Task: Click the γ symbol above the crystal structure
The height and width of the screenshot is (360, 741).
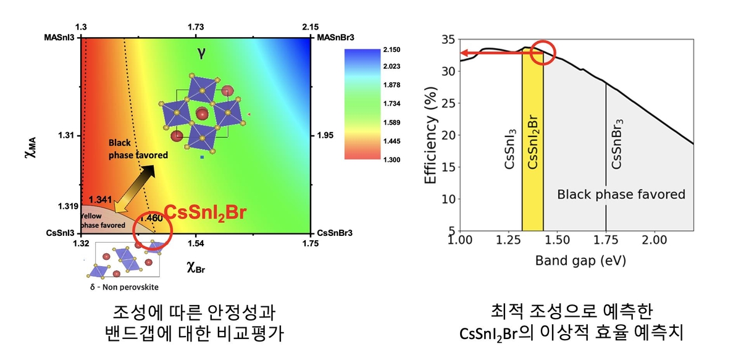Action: [x=201, y=52]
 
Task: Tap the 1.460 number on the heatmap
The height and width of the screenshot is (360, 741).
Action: [x=151, y=219]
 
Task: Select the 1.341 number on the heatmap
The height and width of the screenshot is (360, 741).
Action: [x=99, y=200]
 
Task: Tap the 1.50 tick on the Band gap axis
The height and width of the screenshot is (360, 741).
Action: [x=558, y=240]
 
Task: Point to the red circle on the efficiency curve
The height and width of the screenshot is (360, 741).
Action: [x=543, y=52]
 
